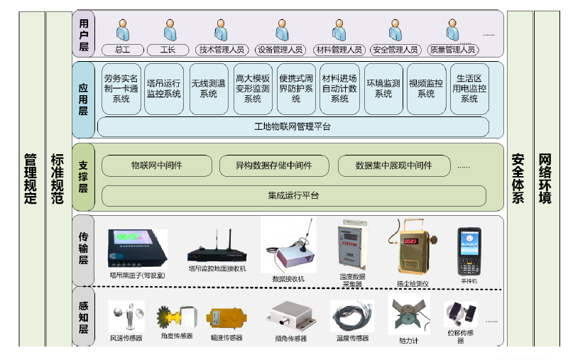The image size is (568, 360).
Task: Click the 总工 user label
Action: (x=124, y=50)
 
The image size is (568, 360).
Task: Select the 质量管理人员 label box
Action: (x=452, y=50)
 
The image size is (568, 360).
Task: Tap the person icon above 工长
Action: (x=169, y=30)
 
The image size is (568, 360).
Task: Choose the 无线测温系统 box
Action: (x=208, y=89)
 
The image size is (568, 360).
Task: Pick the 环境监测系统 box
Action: (x=383, y=89)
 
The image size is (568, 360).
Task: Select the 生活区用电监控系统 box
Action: (x=469, y=89)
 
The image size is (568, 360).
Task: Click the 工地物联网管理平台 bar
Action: (x=293, y=126)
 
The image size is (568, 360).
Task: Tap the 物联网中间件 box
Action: (x=157, y=165)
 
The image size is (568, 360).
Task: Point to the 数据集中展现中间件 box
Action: (x=395, y=165)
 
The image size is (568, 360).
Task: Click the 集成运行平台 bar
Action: (x=293, y=195)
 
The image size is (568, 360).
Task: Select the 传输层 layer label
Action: (x=83, y=251)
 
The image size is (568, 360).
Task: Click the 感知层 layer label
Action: (x=83, y=317)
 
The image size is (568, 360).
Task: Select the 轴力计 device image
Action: (x=408, y=315)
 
